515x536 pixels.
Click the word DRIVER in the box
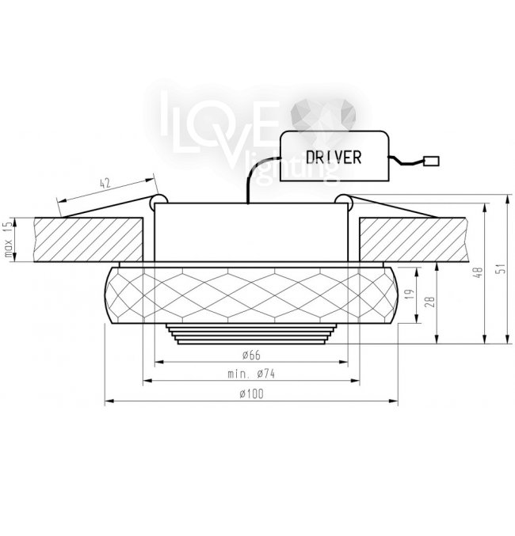coord(334,158)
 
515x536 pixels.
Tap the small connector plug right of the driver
coord(431,161)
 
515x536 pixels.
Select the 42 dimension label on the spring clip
coord(105,184)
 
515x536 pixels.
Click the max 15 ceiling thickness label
coord(9,239)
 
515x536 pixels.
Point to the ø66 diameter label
coord(251,355)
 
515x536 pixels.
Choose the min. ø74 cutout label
coord(251,374)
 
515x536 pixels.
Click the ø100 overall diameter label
coord(251,393)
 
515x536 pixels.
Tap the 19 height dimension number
coord(410,295)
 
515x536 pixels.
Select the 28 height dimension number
coord(430,302)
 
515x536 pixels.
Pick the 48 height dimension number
coord(478,272)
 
